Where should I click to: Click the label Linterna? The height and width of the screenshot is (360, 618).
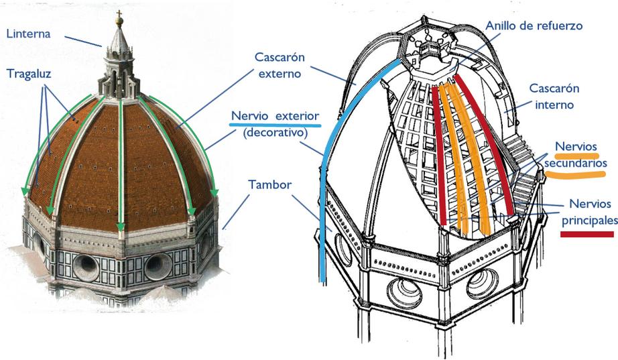(x=29, y=34)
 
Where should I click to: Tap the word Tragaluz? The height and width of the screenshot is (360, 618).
(x=29, y=73)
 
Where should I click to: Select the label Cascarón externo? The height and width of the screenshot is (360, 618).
(x=279, y=64)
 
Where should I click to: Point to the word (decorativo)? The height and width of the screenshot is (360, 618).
(x=275, y=133)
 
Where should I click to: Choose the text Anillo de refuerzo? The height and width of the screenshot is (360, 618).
(x=534, y=26)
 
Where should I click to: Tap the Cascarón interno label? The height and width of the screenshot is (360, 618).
(x=553, y=97)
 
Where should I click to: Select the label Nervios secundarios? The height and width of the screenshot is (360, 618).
(x=576, y=154)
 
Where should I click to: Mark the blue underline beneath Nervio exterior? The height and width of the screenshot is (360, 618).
(x=275, y=125)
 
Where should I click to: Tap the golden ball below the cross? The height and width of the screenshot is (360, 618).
(x=120, y=24)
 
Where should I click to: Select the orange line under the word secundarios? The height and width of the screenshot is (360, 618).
(x=576, y=173)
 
